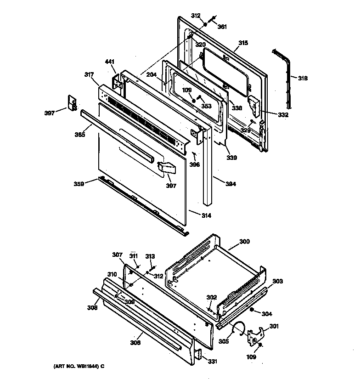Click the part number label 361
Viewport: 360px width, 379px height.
[222, 27]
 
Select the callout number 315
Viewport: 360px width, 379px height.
[243, 43]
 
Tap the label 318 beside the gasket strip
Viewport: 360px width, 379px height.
[303, 78]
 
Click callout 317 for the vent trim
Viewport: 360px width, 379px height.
[89, 74]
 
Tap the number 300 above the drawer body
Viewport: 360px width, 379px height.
[245, 241]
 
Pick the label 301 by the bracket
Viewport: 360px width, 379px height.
[274, 327]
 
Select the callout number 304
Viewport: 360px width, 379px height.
[267, 314]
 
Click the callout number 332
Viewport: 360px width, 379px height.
[283, 115]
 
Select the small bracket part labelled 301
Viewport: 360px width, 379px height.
[254, 337]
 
